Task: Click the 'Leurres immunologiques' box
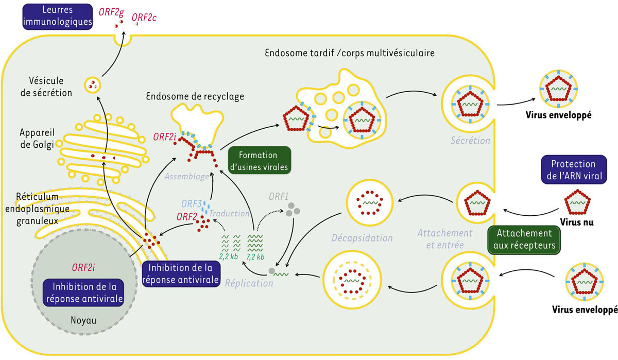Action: [x=57, y=16]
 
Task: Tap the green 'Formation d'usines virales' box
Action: [x=260, y=161]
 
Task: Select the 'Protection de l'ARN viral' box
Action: [x=574, y=169]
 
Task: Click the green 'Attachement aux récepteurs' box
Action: [x=524, y=239]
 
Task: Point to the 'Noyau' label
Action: [x=83, y=320]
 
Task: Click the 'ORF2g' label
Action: [x=111, y=12]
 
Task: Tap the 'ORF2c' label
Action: [x=144, y=18]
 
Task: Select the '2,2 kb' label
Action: [x=229, y=256]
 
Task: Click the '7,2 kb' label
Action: [x=255, y=257]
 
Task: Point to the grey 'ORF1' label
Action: [x=279, y=196]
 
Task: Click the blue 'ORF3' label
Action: [x=191, y=203]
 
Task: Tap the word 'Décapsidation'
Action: [x=362, y=238]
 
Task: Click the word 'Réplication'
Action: [x=249, y=283]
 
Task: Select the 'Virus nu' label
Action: [x=576, y=222]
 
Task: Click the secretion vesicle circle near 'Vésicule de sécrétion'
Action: [x=92, y=85]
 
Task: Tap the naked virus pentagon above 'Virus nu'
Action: [x=577, y=202]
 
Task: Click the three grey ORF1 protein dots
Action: [x=293, y=210]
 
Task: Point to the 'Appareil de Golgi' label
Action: [x=37, y=139]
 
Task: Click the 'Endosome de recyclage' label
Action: [x=195, y=96]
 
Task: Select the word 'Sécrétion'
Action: [x=470, y=141]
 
